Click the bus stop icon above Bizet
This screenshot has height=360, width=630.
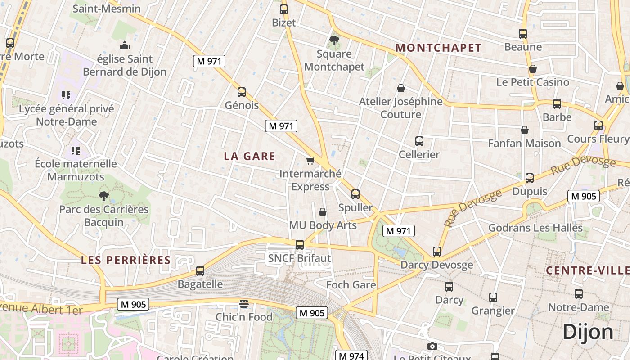283,9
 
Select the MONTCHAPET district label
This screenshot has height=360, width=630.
438,48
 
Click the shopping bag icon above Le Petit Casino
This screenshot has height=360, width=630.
532,69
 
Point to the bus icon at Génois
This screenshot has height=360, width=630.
242,92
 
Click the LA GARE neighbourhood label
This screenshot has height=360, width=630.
249,156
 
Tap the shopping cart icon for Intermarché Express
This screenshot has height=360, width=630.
310,161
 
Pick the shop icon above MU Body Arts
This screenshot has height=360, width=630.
322,211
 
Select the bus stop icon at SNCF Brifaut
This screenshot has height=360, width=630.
299,245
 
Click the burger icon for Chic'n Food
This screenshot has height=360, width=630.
244,304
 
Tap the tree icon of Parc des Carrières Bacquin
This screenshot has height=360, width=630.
104,196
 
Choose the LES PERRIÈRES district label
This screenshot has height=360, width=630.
126,260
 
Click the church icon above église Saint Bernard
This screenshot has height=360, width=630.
125,45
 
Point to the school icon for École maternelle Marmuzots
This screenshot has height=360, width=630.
76,150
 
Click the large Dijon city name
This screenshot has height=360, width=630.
588,332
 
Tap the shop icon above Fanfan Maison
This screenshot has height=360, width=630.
524,130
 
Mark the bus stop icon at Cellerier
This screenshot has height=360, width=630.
419,141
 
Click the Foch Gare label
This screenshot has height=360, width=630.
351,284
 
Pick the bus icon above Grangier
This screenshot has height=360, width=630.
493,297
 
